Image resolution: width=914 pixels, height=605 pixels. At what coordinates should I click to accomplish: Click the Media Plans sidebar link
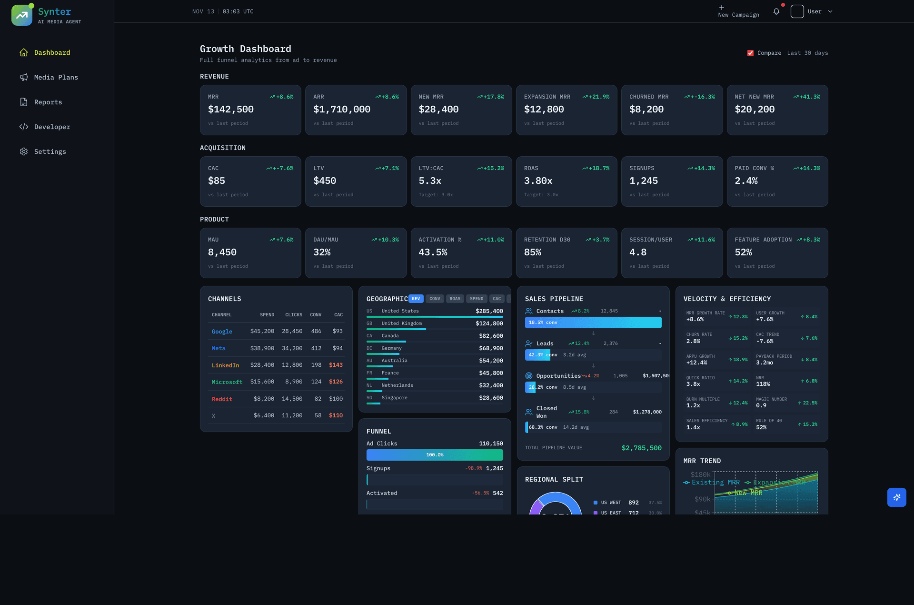pos(56,77)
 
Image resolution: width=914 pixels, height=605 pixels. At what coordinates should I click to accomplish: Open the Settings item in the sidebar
pos(50,151)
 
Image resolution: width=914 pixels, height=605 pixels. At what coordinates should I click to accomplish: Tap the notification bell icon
pos(776,11)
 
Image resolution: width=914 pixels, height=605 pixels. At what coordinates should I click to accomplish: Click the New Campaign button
pos(738,11)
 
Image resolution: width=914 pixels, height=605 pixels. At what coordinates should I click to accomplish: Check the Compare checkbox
pos(750,53)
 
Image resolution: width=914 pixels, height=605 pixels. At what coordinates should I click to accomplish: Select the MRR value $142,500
pos(231,109)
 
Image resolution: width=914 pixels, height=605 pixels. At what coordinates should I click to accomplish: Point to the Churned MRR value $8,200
pos(646,109)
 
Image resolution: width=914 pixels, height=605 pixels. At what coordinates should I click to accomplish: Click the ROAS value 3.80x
pos(538,181)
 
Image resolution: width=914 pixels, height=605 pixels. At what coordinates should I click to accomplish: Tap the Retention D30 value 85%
pos(533,252)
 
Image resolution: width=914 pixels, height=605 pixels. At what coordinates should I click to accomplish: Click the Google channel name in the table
pos(222,332)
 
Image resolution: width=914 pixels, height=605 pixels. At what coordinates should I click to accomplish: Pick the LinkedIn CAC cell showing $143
pos(336,365)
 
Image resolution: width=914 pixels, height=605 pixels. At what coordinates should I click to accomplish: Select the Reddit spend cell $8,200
pos(264,399)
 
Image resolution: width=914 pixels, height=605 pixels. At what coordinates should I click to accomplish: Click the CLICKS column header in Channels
pos(293,315)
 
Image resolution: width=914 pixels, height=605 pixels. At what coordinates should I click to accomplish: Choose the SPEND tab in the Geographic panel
pos(476,299)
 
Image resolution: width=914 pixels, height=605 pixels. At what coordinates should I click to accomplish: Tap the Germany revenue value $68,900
pos(491,348)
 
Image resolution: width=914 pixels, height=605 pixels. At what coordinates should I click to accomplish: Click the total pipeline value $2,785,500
pos(641,448)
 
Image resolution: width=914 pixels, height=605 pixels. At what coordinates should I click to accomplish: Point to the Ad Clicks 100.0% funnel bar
pos(435,455)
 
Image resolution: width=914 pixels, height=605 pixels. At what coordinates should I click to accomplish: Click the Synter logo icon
pos(22,15)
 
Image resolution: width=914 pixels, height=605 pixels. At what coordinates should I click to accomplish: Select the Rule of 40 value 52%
pos(761,427)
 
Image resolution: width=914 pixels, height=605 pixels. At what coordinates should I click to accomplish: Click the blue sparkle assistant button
pos(896,497)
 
